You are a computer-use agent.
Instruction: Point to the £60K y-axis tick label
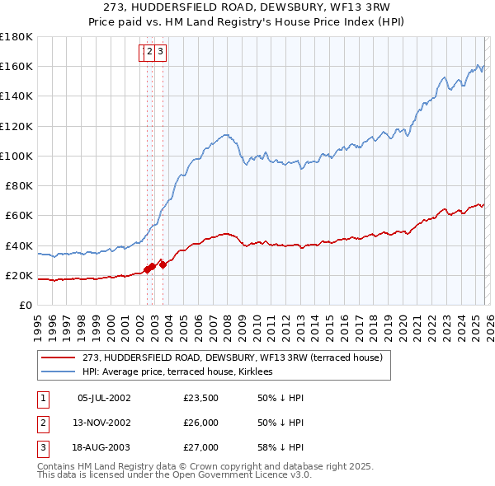click(19, 216)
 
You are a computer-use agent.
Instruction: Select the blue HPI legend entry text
click(183, 372)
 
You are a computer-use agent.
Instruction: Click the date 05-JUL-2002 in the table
click(104, 398)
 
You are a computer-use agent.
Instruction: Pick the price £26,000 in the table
click(201, 423)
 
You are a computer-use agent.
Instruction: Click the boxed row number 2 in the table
click(42, 423)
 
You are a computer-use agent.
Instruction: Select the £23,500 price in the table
click(201, 398)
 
